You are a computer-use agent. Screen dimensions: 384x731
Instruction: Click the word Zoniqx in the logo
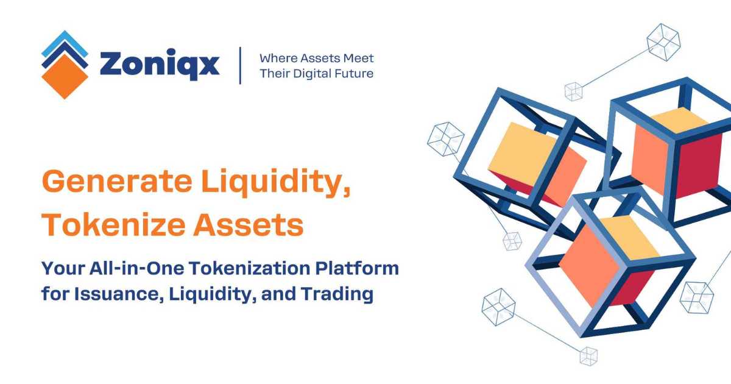[x=159, y=64]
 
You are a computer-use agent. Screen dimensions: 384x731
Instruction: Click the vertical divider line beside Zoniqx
[x=240, y=65]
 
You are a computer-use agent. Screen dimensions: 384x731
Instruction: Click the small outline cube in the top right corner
[x=663, y=42]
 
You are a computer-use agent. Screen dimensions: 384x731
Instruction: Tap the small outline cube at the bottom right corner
[x=696, y=297]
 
